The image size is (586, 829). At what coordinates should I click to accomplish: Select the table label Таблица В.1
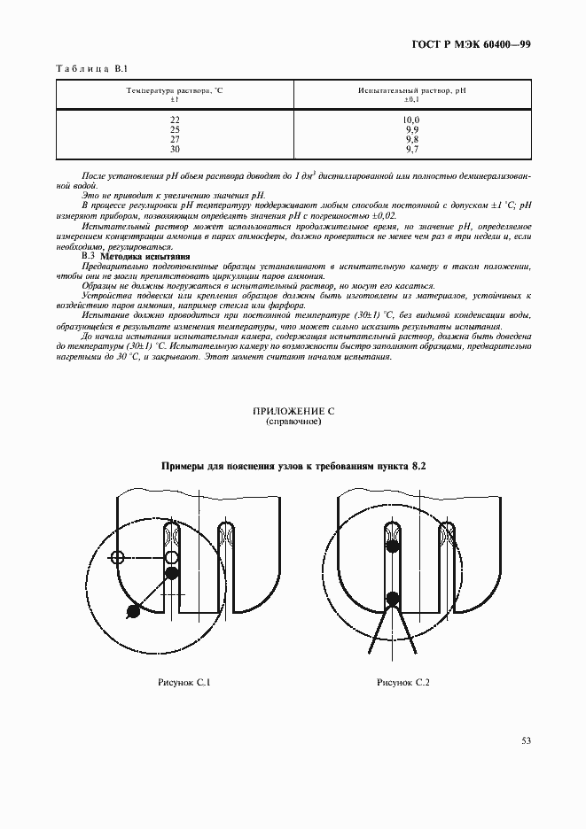click(92, 69)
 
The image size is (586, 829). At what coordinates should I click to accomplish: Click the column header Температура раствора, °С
click(175, 90)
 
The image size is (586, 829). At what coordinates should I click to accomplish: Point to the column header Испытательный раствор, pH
click(411, 90)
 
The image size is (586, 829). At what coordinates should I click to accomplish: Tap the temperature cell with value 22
click(175, 120)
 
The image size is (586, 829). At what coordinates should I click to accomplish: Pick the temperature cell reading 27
click(175, 139)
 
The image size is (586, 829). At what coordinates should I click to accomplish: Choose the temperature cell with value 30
click(175, 149)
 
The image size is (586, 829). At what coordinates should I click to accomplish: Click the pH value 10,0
click(411, 120)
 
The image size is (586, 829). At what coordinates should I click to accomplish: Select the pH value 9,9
click(411, 129)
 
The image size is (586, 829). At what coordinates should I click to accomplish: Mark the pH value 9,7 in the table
click(411, 149)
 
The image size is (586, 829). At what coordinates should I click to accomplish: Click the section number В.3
click(88, 257)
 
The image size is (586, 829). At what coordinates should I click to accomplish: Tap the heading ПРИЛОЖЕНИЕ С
click(293, 413)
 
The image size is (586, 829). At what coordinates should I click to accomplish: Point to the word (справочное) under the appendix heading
click(293, 423)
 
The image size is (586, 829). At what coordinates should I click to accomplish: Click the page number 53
click(525, 740)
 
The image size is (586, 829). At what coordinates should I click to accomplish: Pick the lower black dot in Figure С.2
click(393, 598)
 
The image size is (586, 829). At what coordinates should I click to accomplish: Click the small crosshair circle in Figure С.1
click(116, 557)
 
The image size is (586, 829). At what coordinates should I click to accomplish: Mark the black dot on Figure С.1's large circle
click(134, 610)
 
